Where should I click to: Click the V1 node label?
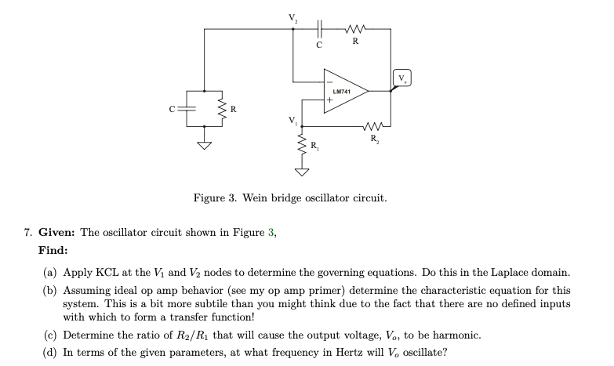(293, 119)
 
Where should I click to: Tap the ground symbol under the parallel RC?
(204, 144)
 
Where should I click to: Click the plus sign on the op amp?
(330, 101)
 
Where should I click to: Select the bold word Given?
(58, 232)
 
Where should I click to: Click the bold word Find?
(53, 250)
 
